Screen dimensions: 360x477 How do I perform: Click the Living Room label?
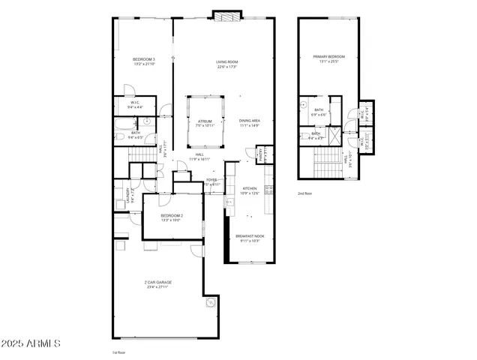pos(227,64)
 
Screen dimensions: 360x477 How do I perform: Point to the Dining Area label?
pos(250,123)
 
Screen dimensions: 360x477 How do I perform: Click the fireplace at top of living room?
pos(227,15)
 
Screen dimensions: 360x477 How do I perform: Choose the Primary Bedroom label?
pos(329,58)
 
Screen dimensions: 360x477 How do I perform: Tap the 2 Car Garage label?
pos(158,284)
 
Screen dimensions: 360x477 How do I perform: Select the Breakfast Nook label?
pos(249,238)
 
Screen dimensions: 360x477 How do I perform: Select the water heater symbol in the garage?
pos(211,302)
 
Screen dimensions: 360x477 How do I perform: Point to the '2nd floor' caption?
pos(305,193)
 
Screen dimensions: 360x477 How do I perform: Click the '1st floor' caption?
pos(118,352)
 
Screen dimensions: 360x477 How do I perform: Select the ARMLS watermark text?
pos(31,343)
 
